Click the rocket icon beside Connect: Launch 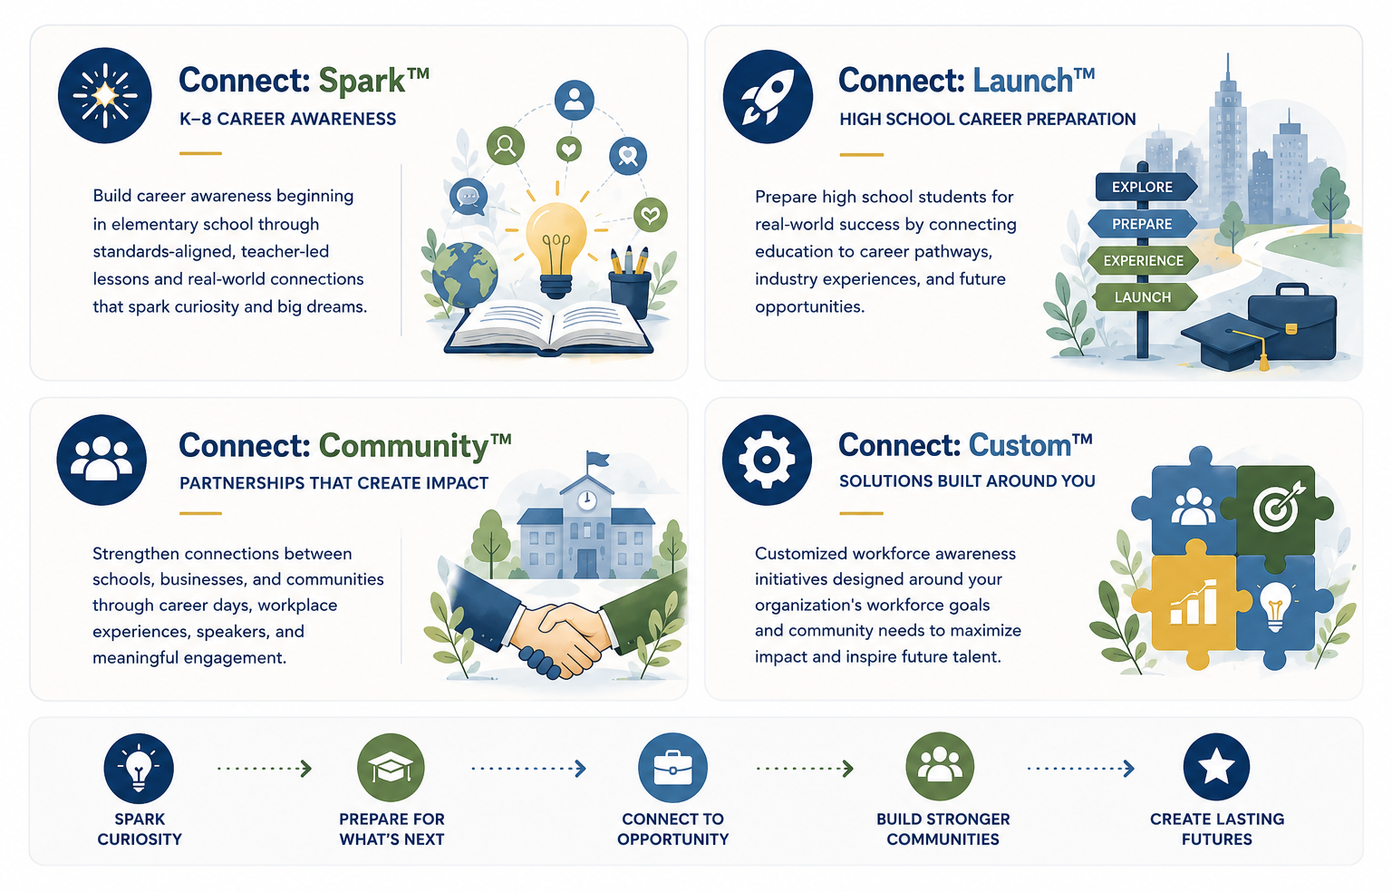[x=768, y=96]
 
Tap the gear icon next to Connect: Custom [x=767, y=460]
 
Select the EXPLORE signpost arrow [x=1145, y=187]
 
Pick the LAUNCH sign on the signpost [x=1145, y=297]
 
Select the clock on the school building [x=586, y=499]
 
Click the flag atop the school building [x=597, y=460]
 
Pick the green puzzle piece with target [x=1276, y=510]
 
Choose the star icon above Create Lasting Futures [x=1216, y=766]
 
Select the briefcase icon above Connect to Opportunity [x=672, y=767]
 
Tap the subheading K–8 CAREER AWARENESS [x=287, y=119]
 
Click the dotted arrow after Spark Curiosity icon [x=264, y=769]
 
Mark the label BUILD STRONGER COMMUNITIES [x=942, y=829]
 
